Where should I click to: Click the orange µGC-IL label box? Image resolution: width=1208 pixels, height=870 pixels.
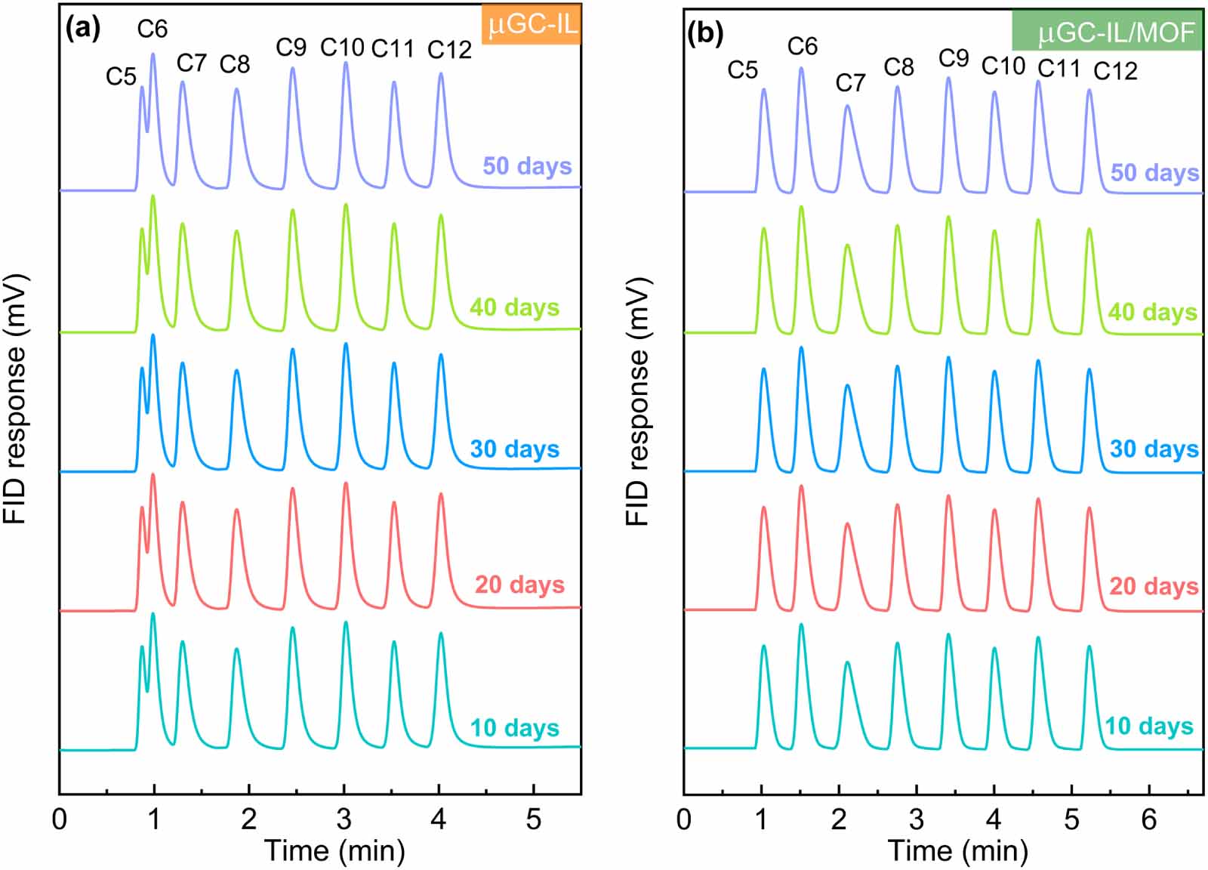click(532, 25)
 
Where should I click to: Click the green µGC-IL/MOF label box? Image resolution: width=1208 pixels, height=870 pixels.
click(1107, 32)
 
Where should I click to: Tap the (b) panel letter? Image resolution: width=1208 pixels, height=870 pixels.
click(705, 33)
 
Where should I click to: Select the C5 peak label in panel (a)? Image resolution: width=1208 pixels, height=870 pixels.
click(121, 76)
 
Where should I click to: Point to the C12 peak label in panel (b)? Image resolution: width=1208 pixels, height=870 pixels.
click(1115, 71)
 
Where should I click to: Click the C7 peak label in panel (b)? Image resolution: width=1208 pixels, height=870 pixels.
click(850, 82)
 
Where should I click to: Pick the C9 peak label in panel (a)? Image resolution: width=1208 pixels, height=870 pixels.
click(291, 48)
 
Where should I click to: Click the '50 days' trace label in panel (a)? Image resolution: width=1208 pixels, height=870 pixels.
click(527, 165)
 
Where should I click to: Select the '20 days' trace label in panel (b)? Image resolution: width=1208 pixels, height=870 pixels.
click(1154, 586)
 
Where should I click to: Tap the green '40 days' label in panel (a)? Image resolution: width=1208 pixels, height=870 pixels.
click(515, 307)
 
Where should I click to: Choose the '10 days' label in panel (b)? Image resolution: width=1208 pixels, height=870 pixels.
click(1149, 727)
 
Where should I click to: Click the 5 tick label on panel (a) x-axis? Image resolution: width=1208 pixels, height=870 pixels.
click(534, 819)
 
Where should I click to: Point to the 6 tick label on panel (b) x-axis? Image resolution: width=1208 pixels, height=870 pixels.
click(1149, 819)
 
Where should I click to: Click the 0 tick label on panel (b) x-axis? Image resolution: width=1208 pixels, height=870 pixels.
click(684, 819)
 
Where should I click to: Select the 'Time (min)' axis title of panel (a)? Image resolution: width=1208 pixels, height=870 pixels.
click(334, 851)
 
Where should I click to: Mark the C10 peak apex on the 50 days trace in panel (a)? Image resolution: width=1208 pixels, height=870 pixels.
click(346, 63)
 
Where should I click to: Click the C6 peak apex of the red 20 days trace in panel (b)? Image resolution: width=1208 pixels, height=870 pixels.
click(801, 486)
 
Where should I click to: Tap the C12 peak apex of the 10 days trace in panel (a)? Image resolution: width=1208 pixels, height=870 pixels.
click(441, 633)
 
